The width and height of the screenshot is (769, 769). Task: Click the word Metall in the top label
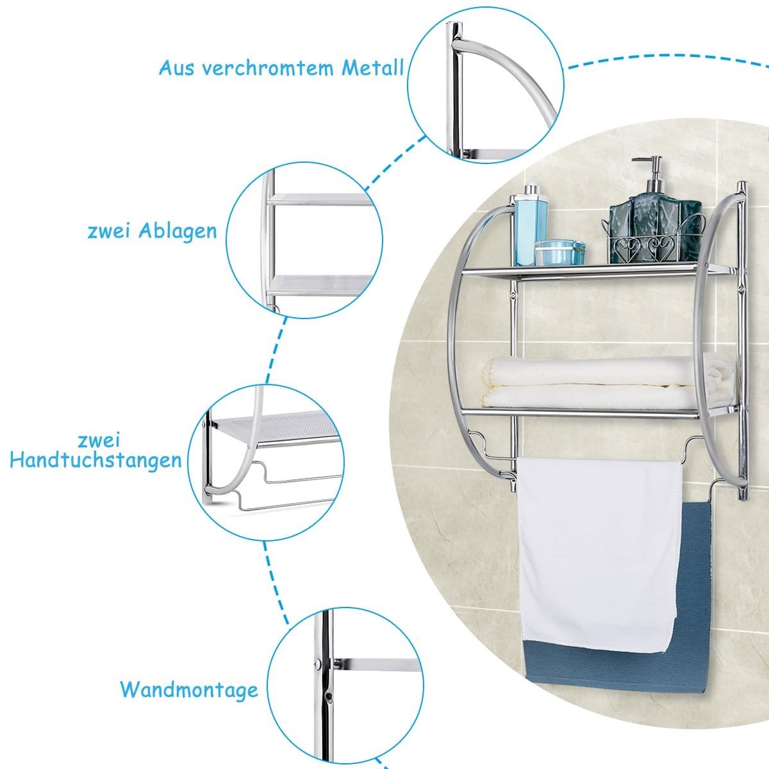pos(372,68)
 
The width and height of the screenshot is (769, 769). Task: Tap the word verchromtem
pos(268,69)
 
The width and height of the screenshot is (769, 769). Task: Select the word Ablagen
pos(178,232)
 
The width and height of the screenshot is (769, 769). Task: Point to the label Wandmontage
pos(189,690)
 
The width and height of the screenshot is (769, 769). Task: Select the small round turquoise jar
pos(559,252)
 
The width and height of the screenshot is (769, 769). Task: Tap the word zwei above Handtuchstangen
pos(99,440)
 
